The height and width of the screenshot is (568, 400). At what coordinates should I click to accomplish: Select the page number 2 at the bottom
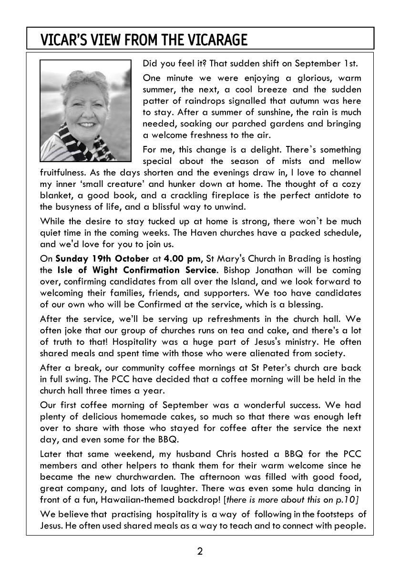click(x=200, y=552)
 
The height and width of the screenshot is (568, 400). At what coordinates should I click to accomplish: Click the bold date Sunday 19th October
click(x=102, y=258)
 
